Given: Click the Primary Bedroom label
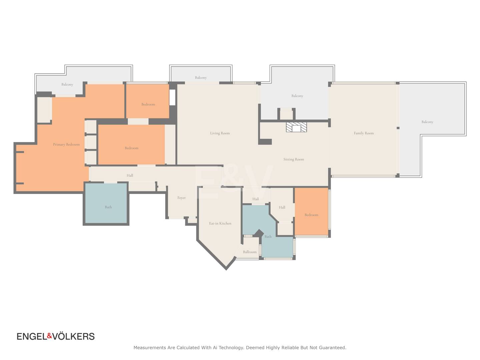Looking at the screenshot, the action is point(66,144).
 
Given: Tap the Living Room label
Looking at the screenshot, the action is point(220,133).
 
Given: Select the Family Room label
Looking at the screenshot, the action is point(364,133).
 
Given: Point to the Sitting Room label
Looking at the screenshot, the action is point(293,159).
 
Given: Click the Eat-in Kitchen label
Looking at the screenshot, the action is point(220,223).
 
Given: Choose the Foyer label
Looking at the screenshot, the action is point(182,198).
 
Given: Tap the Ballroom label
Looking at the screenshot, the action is point(250,252).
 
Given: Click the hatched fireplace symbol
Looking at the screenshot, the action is point(296,127).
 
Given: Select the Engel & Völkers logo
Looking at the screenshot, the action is point(56,336).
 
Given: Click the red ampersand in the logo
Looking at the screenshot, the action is point(50,336).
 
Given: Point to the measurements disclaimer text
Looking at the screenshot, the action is point(240,348).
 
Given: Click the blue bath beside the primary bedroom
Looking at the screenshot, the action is point(106,203).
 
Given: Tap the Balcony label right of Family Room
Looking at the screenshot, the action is point(427,122).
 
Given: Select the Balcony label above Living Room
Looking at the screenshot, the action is point(201,78).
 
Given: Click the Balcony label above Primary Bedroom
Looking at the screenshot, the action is point(67,84).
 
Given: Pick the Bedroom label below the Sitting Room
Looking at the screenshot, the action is point(311,215).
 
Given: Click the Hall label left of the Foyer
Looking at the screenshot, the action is point(130,175).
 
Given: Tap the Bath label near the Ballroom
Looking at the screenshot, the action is point(268,237).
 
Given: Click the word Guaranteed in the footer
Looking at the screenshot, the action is point(332,348).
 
